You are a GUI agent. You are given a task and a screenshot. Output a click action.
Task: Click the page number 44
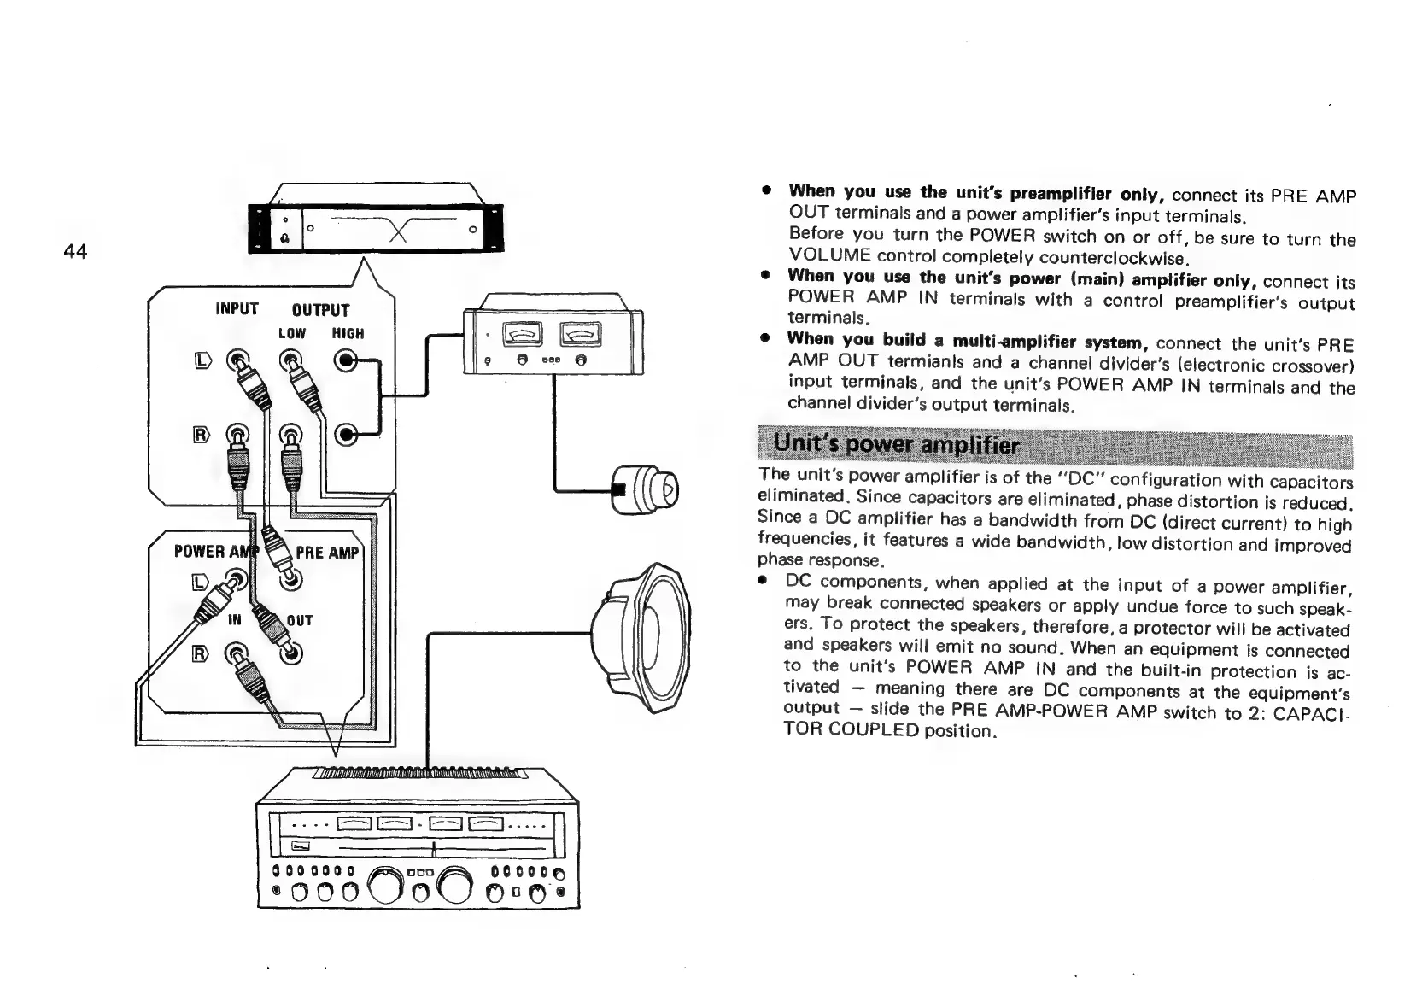point(75,251)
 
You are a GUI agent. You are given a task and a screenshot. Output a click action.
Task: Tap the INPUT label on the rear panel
point(237,308)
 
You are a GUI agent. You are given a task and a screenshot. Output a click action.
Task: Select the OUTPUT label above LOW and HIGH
point(320,310)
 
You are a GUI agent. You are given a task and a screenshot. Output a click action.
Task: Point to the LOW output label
point(291,333)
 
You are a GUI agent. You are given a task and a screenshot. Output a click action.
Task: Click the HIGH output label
point(348,333)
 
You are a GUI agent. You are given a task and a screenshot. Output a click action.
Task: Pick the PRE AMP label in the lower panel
point(327,552)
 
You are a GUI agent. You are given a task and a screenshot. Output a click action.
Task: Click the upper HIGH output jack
point(348,361)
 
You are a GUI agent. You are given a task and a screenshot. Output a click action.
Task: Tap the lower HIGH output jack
point(347,435)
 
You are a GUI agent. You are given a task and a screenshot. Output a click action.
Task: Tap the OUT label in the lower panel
point(300,619)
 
